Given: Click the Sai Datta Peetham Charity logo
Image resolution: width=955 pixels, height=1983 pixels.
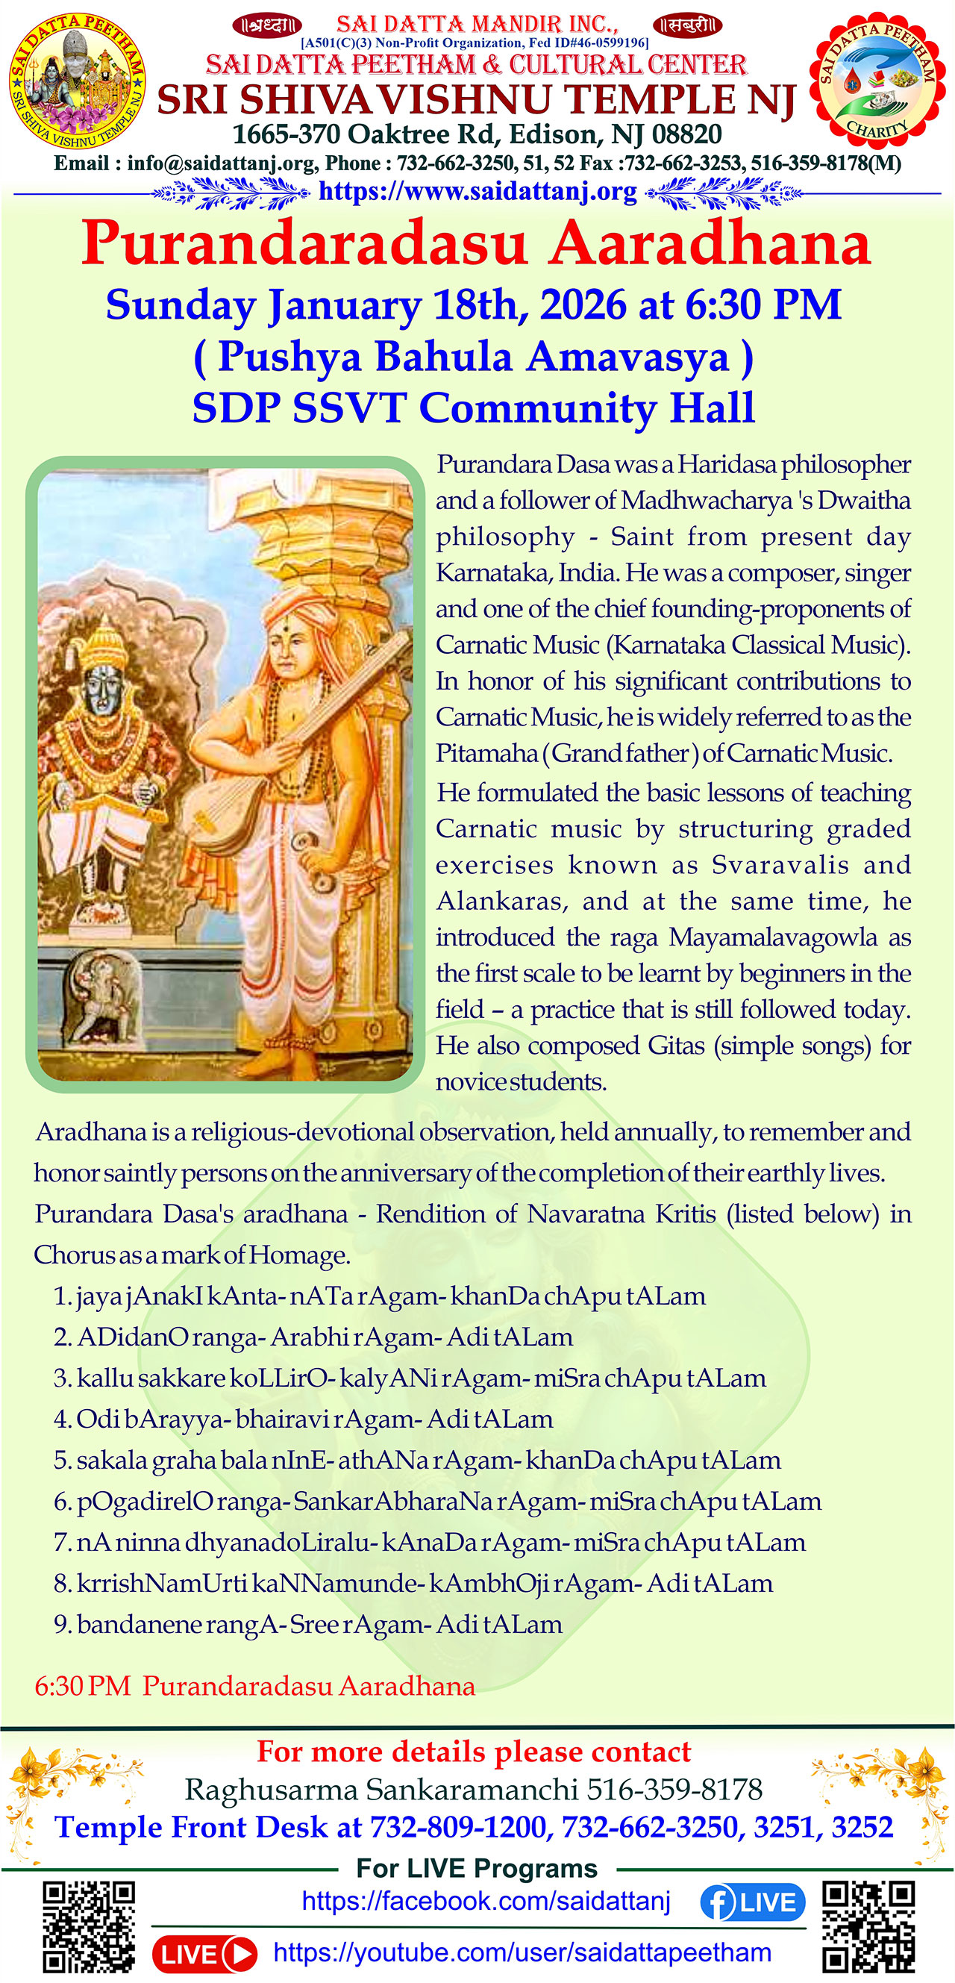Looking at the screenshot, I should click(877, 81).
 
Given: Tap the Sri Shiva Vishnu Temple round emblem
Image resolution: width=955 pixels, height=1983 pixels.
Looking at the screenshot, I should click(77, 81).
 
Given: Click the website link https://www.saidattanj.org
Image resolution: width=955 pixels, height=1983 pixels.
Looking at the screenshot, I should click(477, 191).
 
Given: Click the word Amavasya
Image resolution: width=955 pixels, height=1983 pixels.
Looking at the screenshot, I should click(627, 357).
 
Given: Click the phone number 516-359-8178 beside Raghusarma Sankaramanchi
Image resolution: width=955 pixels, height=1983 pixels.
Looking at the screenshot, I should click(674, 1790).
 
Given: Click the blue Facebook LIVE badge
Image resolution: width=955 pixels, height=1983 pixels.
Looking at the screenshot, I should click(752, 1902).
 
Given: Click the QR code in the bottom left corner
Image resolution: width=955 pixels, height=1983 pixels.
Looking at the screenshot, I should click(89, 1927).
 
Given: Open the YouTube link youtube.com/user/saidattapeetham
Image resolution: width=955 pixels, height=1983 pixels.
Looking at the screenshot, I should click(522, 1952).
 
